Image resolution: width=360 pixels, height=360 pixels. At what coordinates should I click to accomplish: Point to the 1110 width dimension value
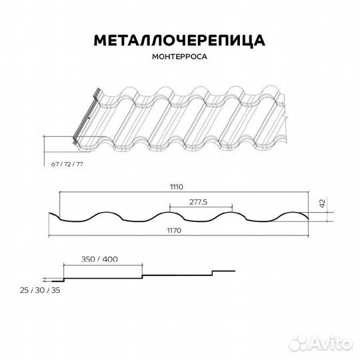176,187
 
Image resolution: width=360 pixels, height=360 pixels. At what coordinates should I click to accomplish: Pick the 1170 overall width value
176,230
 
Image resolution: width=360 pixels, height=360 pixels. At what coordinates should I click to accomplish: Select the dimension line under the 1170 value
176,236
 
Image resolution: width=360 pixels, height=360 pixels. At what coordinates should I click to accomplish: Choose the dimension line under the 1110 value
176,193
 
